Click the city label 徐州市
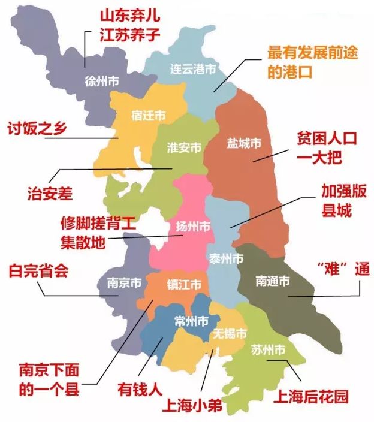pyautogui.click(x=102, y=82)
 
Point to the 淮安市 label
pyautogui.click(x=183, y=147)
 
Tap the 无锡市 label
pyautogui.click(x=230, y=334)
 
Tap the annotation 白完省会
pyautogui.click(x=38, y=270)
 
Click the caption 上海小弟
pyautogui.click(x=192, y=406)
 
